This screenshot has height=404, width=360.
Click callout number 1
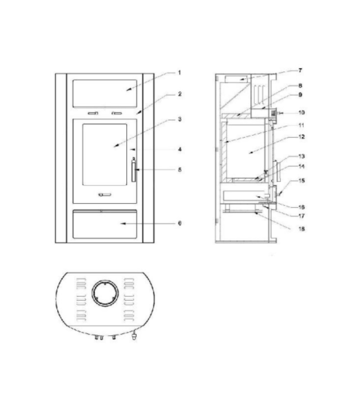[x=180, y=73]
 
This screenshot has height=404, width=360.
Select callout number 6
[x=180, y=223]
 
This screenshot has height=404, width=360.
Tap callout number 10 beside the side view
[x=301, y=112]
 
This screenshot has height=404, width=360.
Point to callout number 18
[x=301, y=229]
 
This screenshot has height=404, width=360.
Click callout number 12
[x=301, y=137]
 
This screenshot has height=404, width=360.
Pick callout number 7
[x=300, y=70]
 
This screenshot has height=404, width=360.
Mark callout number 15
[x=301, y=181]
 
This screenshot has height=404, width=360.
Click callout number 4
[x=180, y=149]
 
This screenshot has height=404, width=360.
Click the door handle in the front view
[x=133, y=169]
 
